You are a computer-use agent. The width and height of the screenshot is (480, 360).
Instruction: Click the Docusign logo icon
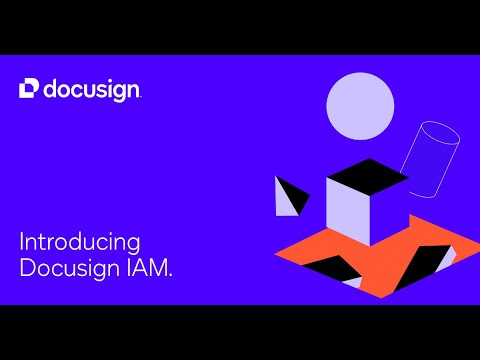tap(30, 89)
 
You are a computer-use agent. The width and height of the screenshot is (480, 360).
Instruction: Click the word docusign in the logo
tap(92, 90)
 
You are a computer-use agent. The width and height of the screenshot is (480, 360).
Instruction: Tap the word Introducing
tap(79, 243)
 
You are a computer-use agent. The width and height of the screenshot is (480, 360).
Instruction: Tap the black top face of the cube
tap(366, 177)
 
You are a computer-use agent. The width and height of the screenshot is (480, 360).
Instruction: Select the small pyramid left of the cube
tap(290, 196)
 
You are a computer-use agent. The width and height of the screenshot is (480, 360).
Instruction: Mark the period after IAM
tap(170, 275)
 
